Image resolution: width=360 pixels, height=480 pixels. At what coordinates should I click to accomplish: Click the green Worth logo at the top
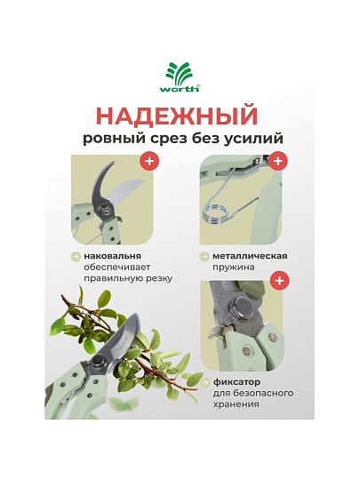(x=180, y=76)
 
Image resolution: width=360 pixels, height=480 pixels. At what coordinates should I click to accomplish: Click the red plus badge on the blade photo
(x=149, y=161)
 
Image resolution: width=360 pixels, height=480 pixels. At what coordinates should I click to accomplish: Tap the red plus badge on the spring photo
(x=277, y=161)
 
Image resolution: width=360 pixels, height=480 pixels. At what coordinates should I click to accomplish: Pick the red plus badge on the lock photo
(x=279, y=280)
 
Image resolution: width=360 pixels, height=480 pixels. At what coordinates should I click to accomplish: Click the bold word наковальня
(x=113, y=256)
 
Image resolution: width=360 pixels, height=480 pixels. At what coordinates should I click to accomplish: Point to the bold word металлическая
(x=250, y=256)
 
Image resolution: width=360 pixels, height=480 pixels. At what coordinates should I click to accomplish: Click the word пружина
(x=234, y=268)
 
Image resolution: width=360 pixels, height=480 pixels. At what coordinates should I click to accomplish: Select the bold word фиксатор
(x=237, y=381)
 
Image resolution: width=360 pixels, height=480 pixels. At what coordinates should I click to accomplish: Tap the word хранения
(x=236, y=404)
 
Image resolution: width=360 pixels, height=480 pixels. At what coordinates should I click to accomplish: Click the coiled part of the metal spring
(x=215, y=213)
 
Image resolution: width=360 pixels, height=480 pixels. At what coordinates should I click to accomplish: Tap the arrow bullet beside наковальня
(x=76, y=256)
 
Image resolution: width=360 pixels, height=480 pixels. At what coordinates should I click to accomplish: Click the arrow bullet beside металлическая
(x=204, y=256)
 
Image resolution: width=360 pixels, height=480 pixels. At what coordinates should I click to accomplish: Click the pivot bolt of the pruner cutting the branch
(x=99, y=362)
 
